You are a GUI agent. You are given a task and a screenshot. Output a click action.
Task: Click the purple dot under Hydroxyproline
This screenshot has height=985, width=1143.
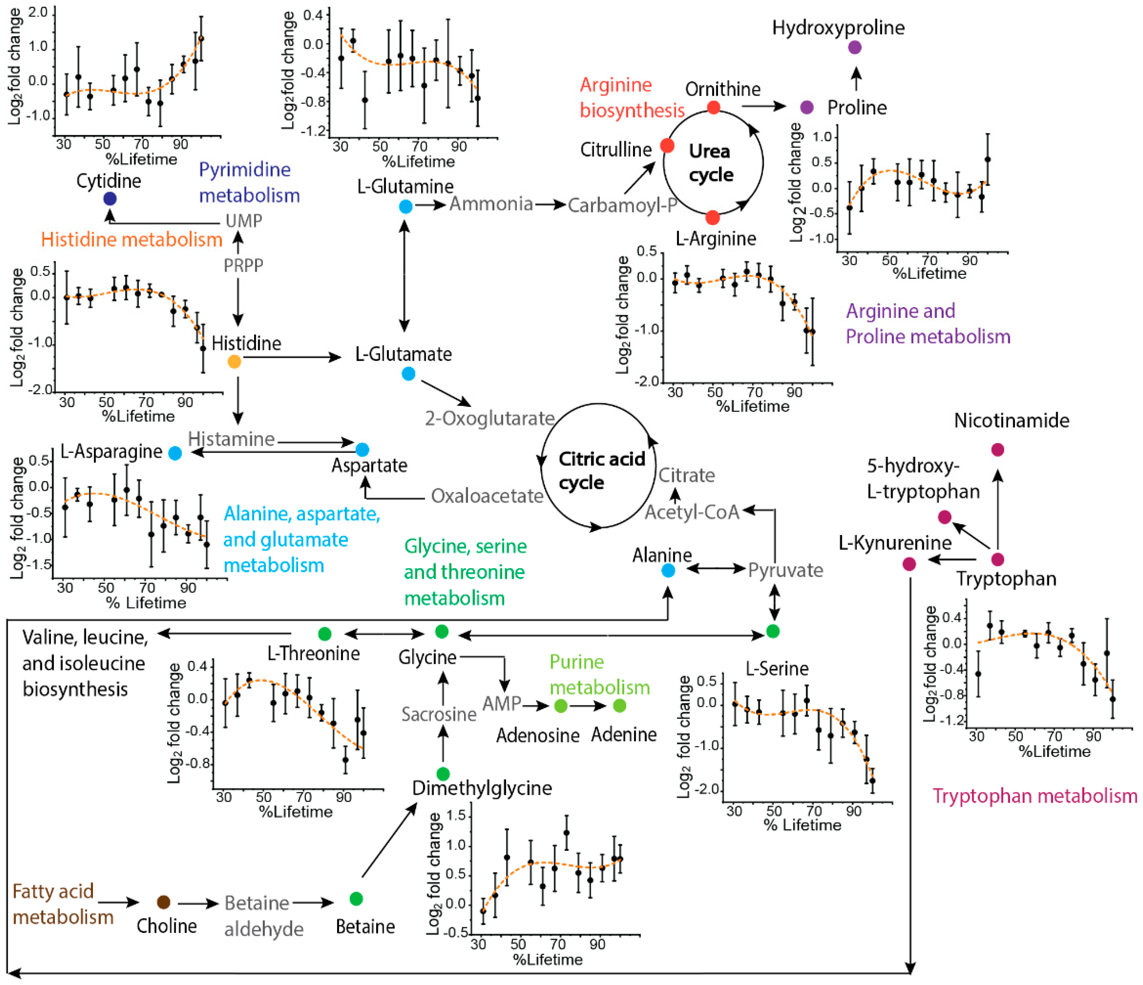click(x=855, y=47)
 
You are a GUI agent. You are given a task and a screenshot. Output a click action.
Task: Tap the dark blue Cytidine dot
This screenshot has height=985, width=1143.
click(x=110, y=199)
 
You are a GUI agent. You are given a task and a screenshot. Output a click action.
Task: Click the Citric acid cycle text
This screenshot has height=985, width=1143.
click(x=601, y=470)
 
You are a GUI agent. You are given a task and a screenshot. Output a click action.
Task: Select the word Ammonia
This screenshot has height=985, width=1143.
click(x=491, y=204)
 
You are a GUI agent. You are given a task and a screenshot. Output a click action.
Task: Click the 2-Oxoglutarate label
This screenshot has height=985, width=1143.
click(x=489, y=418)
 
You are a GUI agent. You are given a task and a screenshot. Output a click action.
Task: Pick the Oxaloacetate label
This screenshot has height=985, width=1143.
click(x=487, y=496)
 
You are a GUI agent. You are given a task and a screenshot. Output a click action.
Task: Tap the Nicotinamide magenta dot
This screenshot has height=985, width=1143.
click(x=997, y=450)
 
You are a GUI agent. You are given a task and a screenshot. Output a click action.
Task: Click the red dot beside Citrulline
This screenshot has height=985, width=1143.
click(x=667, y=146)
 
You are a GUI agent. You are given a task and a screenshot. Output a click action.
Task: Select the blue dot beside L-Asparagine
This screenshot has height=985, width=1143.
click(x=175, y=454)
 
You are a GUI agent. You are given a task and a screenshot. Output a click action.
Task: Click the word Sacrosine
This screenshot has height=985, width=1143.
click(x=439, y=714)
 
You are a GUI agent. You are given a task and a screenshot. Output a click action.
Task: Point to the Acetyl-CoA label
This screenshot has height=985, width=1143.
click(x=692, y=512)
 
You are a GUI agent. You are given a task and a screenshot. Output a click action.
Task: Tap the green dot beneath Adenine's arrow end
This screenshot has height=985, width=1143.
click(x=619, y=706)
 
